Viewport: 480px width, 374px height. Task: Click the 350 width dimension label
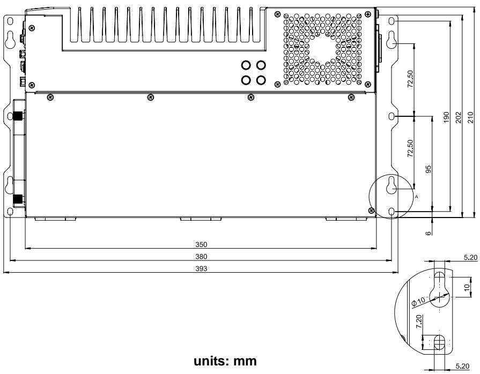click(201, 245)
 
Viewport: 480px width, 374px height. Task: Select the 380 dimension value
click(201, 257)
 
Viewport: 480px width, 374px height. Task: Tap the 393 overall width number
click(201, 268)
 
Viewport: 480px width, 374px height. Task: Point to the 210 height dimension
click(470, 118)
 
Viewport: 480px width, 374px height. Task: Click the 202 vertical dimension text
click(458, 118)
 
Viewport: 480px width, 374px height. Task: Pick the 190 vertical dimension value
click(446, 118)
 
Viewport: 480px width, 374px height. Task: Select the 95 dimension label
click(429, 169)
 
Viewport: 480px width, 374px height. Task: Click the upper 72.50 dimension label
click(410, 79)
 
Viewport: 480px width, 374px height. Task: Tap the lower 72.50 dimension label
click(410, 148)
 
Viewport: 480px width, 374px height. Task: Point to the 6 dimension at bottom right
click(429, 233)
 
